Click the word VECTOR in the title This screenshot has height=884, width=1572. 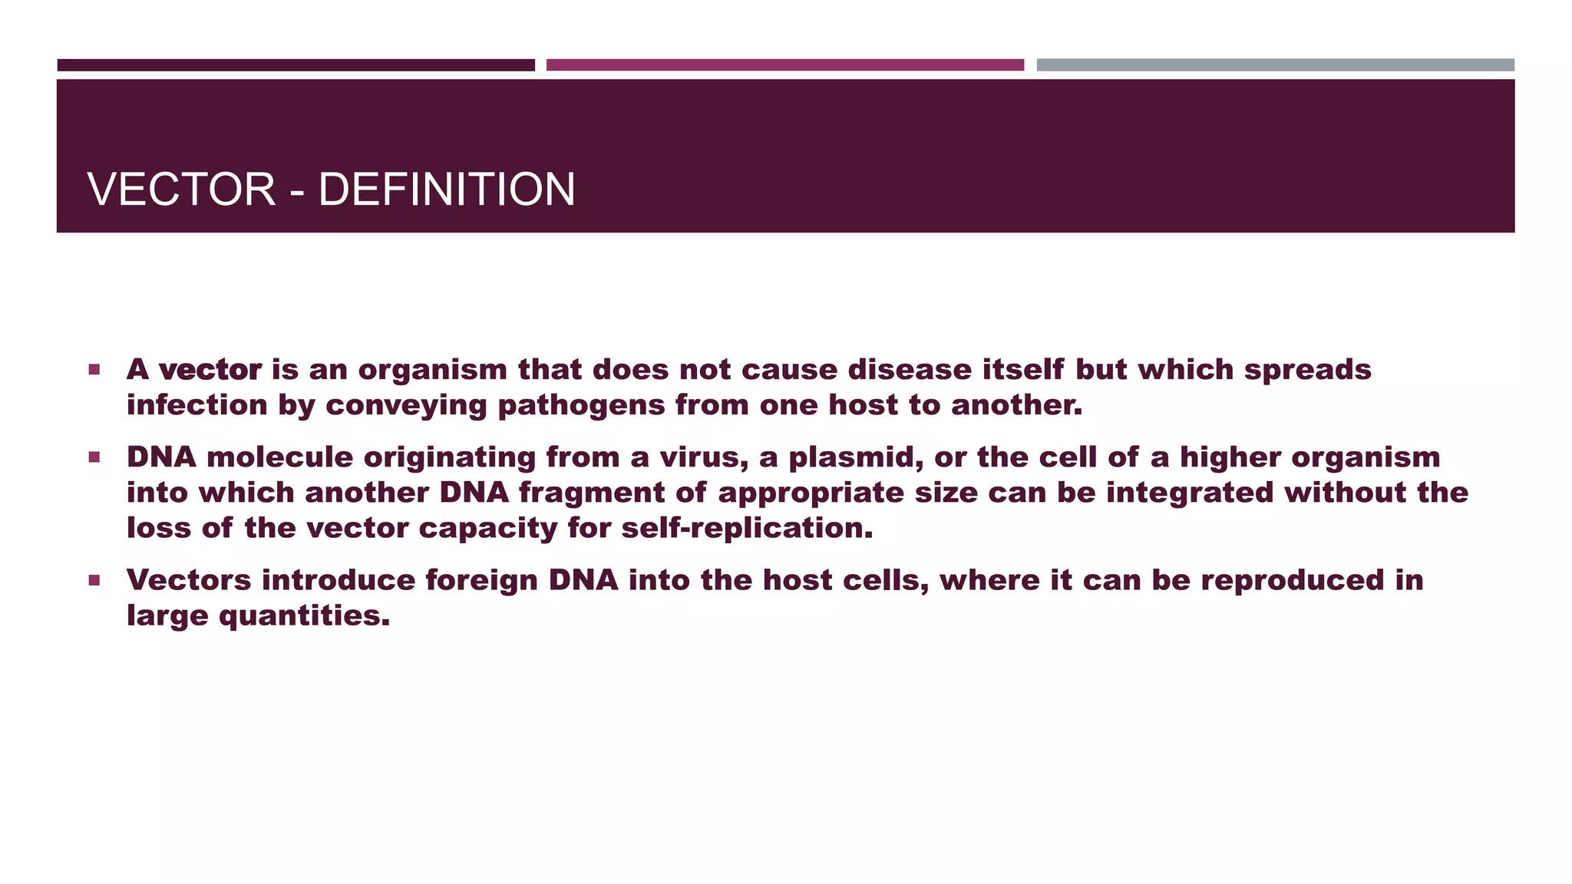point(181,190)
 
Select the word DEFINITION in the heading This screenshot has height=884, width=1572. point(446,190)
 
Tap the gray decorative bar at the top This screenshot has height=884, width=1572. point(1275,65)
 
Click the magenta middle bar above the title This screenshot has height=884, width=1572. point(784,65)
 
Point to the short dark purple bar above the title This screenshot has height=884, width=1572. point(296,65)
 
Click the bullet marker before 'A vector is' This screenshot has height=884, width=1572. point(94,370)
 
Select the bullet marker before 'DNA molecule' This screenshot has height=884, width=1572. point(94,457)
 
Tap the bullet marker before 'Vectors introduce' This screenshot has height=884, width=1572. point(94,580)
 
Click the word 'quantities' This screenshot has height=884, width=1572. point(304,616)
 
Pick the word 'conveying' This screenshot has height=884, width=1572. point(406,406)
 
